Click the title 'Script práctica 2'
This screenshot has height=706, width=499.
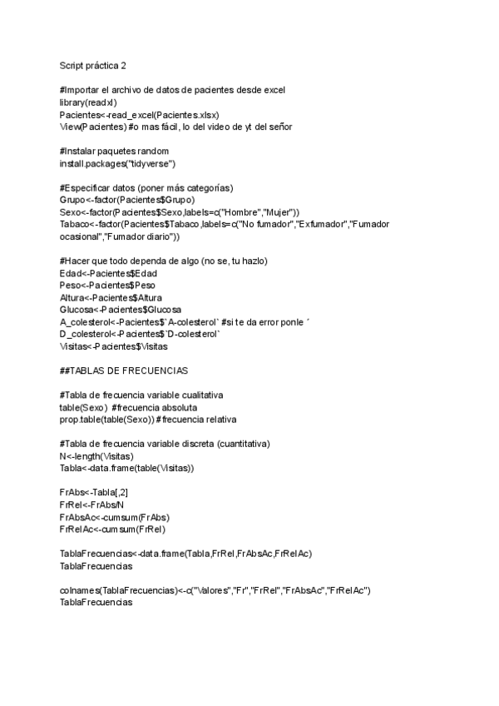[x=93, y=65]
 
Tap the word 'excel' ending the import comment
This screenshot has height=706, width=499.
[x=274, y=90]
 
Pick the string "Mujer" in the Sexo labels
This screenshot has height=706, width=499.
[x=284, y=212]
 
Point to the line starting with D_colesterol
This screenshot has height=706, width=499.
[x=140, y=334]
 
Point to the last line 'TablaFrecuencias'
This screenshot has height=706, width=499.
[x=96, y=603]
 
